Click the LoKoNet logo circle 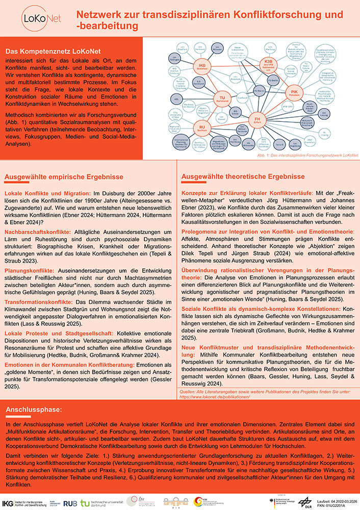click(34, 19)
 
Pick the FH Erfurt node click(258, 120)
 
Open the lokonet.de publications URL click(215, 396)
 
